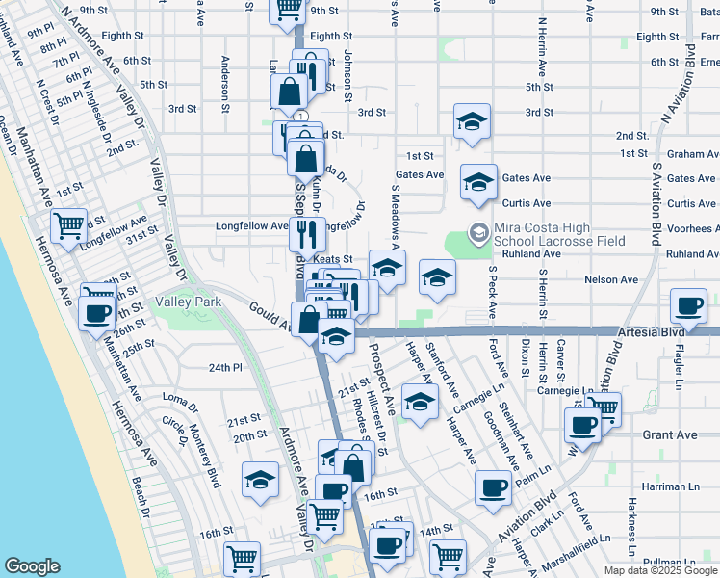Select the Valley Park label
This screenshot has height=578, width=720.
[x=189, y=302]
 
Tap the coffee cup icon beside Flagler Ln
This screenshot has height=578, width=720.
[x=688, y=306]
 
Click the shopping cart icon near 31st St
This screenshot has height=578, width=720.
[x=68, y=226]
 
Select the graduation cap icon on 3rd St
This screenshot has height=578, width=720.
[x=472, y=122]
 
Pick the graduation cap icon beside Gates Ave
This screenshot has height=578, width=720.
[x=478, y=182]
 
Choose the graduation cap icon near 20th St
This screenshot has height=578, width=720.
[x=260, y=480]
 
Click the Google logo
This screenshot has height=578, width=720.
[x=33, y=566]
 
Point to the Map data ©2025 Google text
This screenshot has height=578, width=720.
[x=660, y=569]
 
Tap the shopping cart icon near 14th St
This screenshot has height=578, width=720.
[x=448, y=556]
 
